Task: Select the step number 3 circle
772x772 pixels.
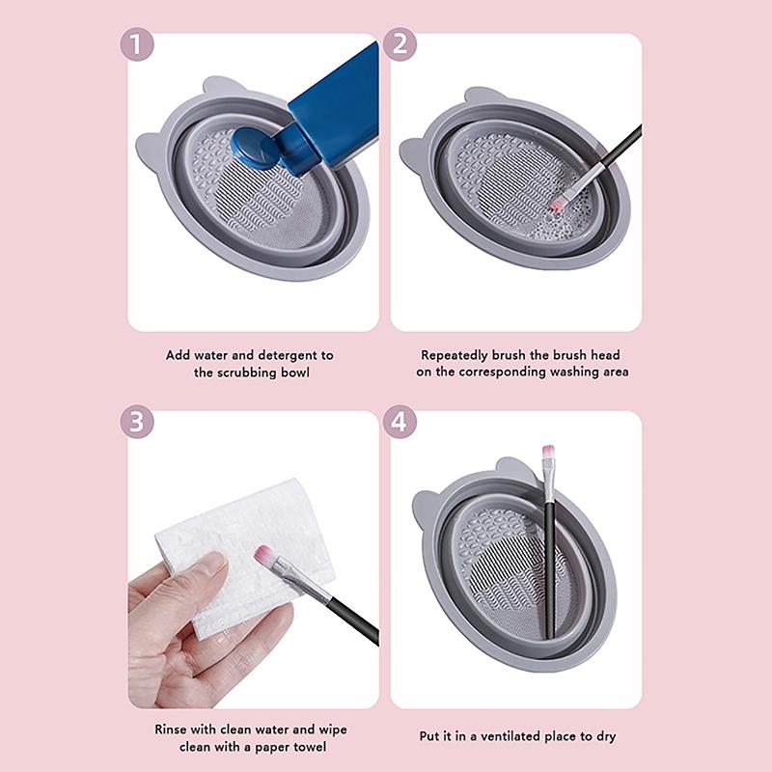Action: (x=137, y=422)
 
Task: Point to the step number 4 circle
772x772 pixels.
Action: (x=400, y=422)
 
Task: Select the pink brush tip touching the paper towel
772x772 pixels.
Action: (x=263, y=555)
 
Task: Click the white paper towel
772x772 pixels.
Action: (x=241, y=540)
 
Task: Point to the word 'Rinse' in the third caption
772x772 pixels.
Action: (x=172, y=730)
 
